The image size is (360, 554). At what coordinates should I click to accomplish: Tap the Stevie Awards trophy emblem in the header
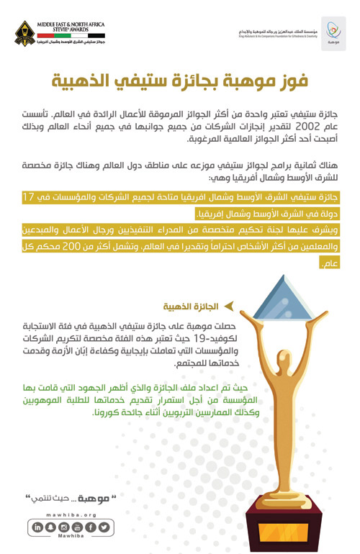click(31, 32)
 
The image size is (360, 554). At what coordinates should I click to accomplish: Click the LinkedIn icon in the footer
click(37, 527)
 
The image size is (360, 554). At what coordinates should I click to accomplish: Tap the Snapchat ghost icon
click(50, 527)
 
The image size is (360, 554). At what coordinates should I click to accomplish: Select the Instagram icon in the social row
click(63, 527)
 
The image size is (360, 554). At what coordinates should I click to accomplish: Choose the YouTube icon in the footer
click(77, 527)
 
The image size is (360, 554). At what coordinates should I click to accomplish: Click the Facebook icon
click(90, 527)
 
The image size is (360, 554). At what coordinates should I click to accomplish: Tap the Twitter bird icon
click(104, 527)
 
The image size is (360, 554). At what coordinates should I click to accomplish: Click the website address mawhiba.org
click(71, 515)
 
